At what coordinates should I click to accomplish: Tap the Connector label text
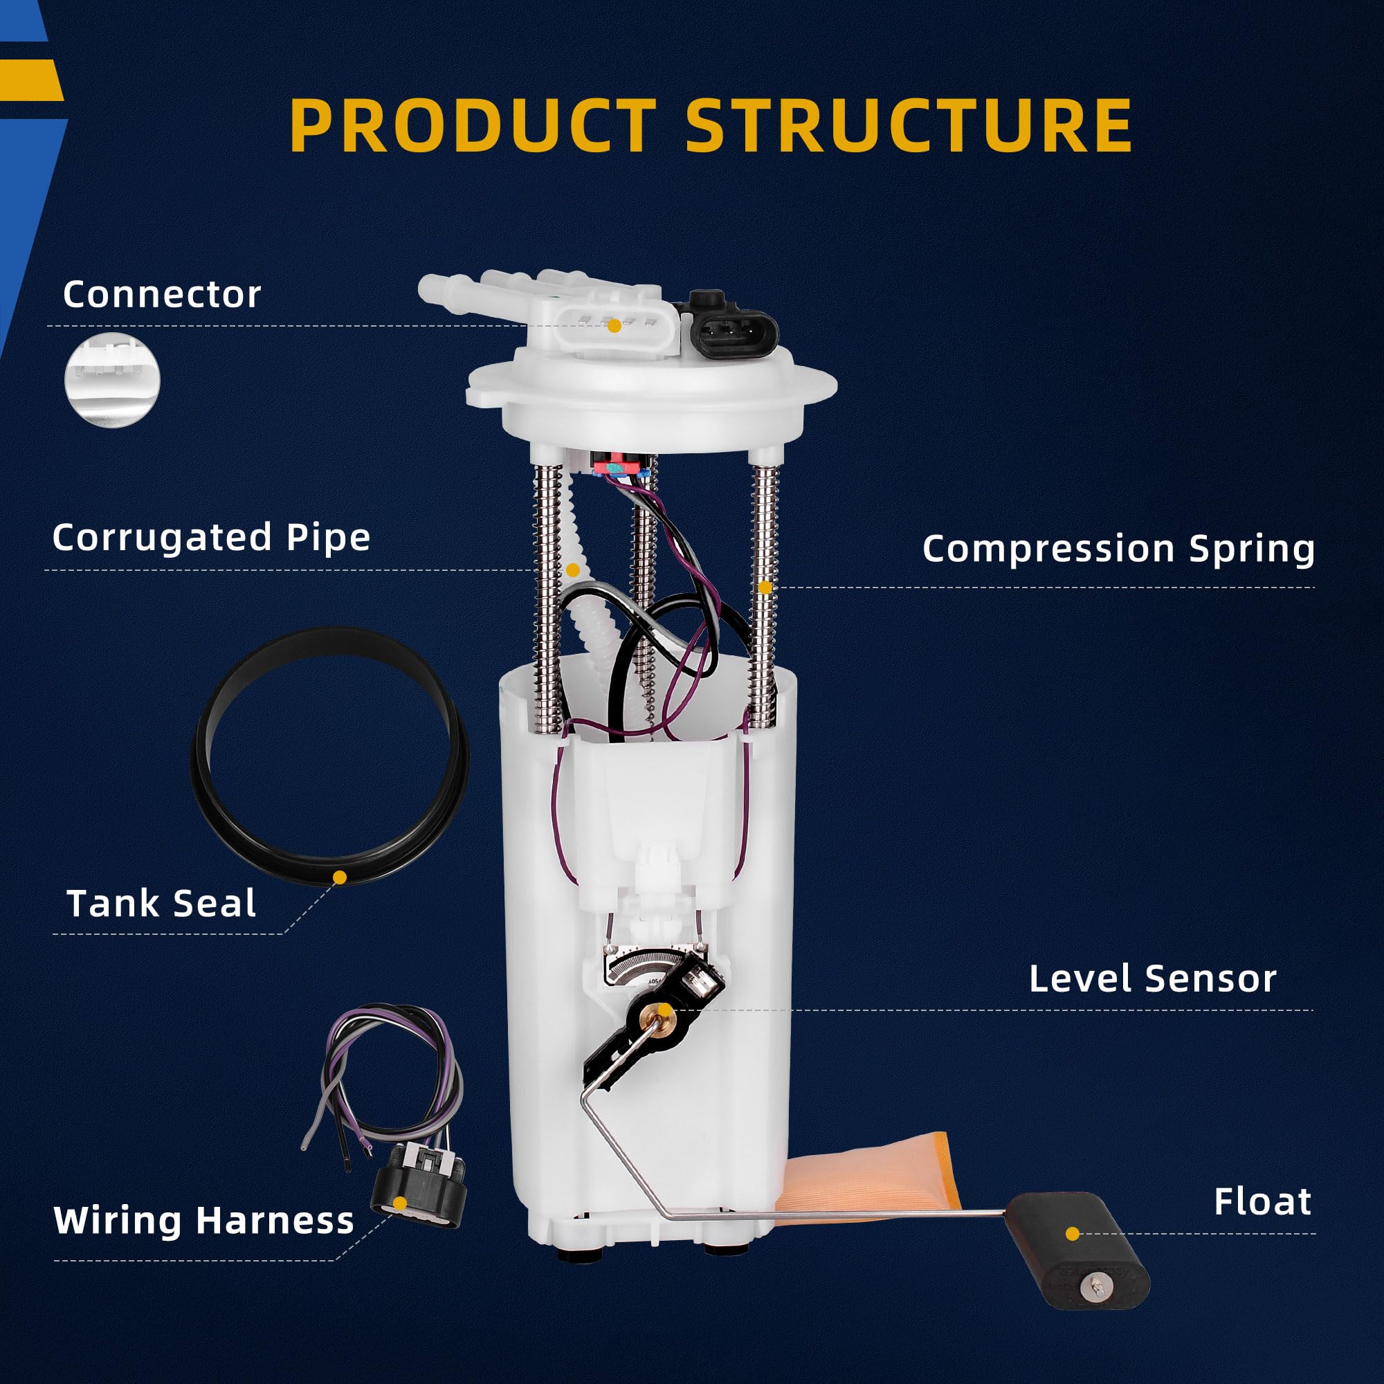pos(162,294)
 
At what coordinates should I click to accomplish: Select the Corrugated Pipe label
pos(211,537)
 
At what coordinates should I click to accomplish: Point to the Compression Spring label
pos(1118,549)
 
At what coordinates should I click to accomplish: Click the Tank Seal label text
pos(161,903)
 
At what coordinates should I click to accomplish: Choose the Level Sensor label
pos(1153,978)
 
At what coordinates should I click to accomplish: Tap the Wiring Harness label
pos(204,1220)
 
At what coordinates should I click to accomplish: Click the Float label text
pos(1262,1201)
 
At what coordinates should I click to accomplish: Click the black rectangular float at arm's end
pos(1075,1247)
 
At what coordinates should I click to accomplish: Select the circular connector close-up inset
pos(113,381)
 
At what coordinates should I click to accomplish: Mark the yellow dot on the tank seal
pos(340,877)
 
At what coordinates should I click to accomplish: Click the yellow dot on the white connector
pos(614,326)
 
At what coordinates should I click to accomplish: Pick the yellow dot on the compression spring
pos(765,588)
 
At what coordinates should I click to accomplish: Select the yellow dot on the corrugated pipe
pos(572,570)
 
